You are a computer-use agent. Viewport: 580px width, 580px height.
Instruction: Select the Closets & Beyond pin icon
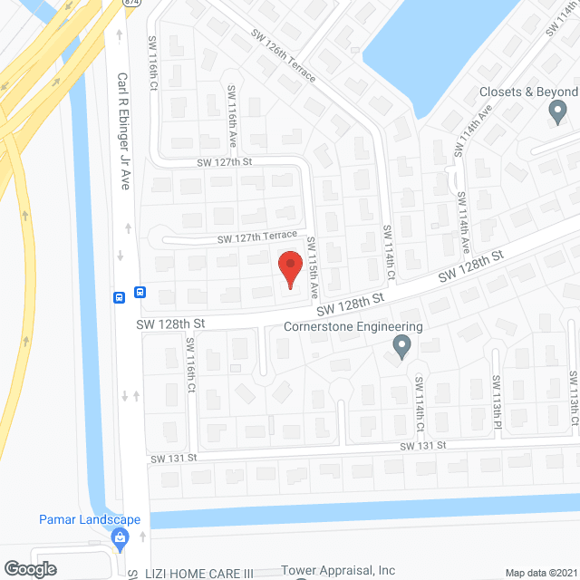(557, 111)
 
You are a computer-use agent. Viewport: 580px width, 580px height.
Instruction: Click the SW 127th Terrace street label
(256, 237)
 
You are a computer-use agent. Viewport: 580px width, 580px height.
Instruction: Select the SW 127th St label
(224, 162)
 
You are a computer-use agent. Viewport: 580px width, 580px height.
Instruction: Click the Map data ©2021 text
(540, 573)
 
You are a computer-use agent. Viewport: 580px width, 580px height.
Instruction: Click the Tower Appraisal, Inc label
(338, 571)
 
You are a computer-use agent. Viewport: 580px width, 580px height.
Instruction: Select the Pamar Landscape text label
(90, 519)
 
